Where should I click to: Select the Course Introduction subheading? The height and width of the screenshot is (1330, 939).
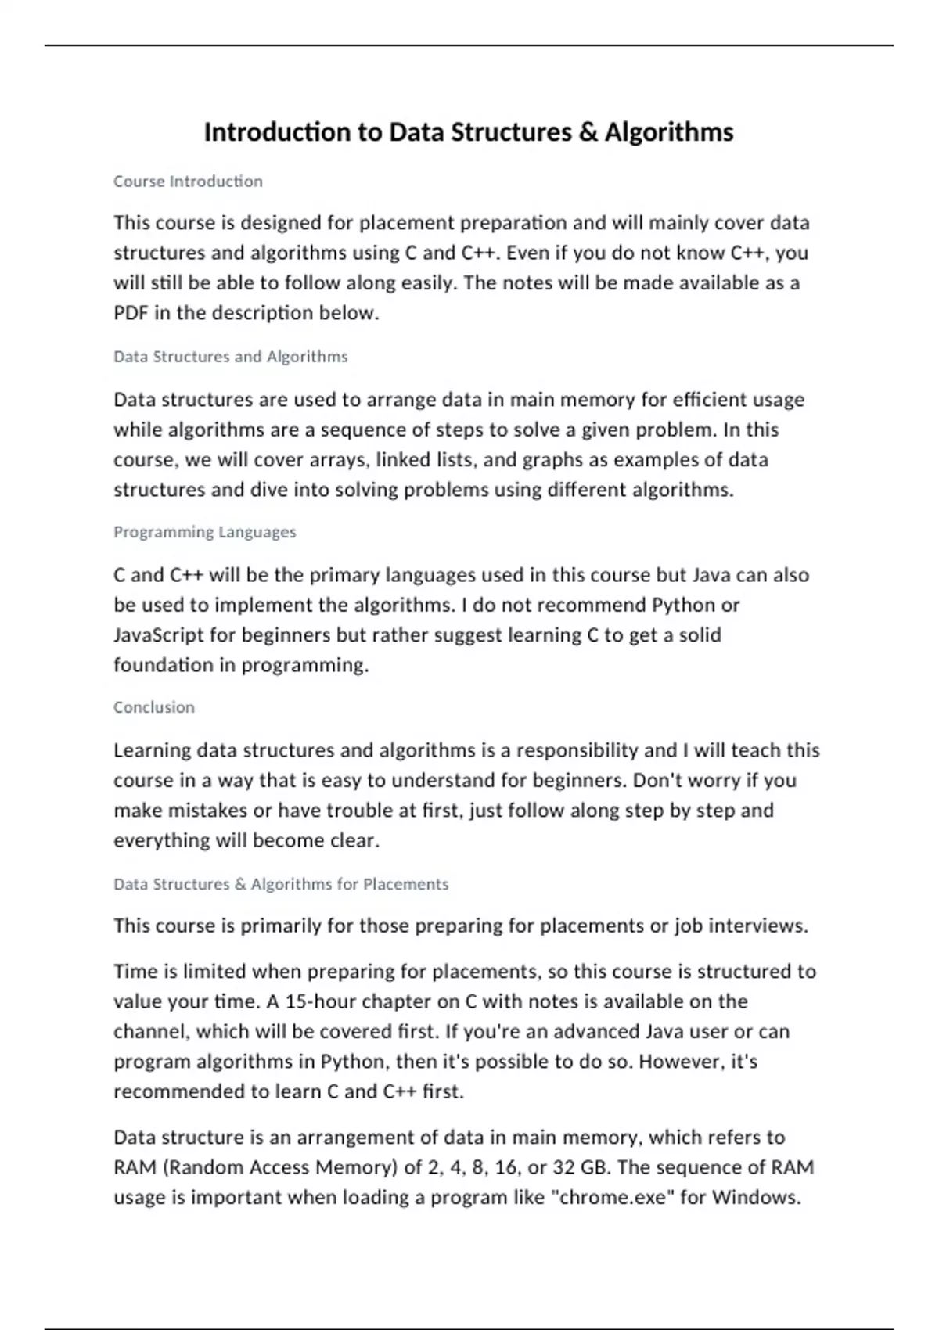pos(188,182)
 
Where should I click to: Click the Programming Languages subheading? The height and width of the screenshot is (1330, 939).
pos(204,532)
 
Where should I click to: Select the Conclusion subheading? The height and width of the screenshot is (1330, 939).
pos(153,707)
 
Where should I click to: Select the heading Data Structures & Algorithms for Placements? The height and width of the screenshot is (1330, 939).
pos(281,884)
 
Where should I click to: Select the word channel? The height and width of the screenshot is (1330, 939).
pos(151,1032)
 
